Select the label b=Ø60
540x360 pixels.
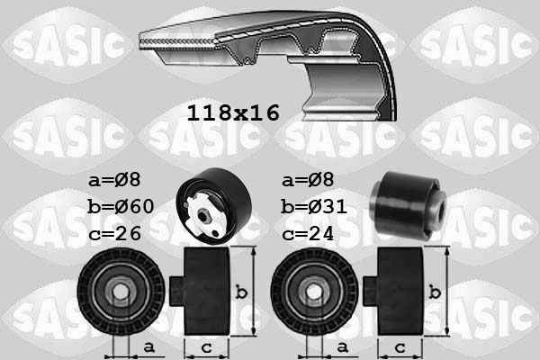pyautogui.click(x=121, y=207)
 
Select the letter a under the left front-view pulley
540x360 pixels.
pyautogui.click(x=148, y=346)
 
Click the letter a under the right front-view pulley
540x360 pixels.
pyautogui.click(x=343, y=346)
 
